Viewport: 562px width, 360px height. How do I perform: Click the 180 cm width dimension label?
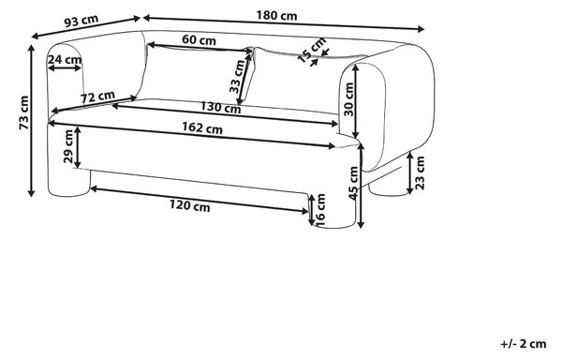point(276,16)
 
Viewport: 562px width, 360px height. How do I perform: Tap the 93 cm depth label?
point(81,21)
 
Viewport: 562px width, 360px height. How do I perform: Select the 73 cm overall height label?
point(24,112)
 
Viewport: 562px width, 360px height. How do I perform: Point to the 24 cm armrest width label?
point(65,59)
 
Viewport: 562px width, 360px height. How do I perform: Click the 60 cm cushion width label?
point(199,39)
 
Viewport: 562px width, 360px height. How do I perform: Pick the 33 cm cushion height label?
point(237,76)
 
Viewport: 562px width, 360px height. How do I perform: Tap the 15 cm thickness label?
point(312,50)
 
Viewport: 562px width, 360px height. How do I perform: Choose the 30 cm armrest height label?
point(348,99)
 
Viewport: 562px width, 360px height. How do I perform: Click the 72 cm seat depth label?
point(97,97)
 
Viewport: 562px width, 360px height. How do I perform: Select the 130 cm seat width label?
point(220,107)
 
